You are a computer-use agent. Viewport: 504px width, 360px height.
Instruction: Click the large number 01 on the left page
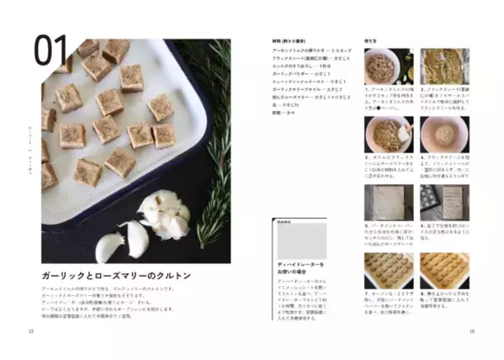tap(51, 52)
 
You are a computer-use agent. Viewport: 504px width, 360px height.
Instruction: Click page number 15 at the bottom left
tap(31, 331)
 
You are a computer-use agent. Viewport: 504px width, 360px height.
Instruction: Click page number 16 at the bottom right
tap(472, 331)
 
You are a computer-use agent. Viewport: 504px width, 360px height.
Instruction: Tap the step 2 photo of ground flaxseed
tap(443, 66)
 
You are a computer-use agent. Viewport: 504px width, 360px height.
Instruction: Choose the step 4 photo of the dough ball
tap(443, 134)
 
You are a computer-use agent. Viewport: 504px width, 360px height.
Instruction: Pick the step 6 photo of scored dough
tap(443, 202)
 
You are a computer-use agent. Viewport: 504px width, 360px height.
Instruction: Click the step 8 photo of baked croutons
tap(443, 269)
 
